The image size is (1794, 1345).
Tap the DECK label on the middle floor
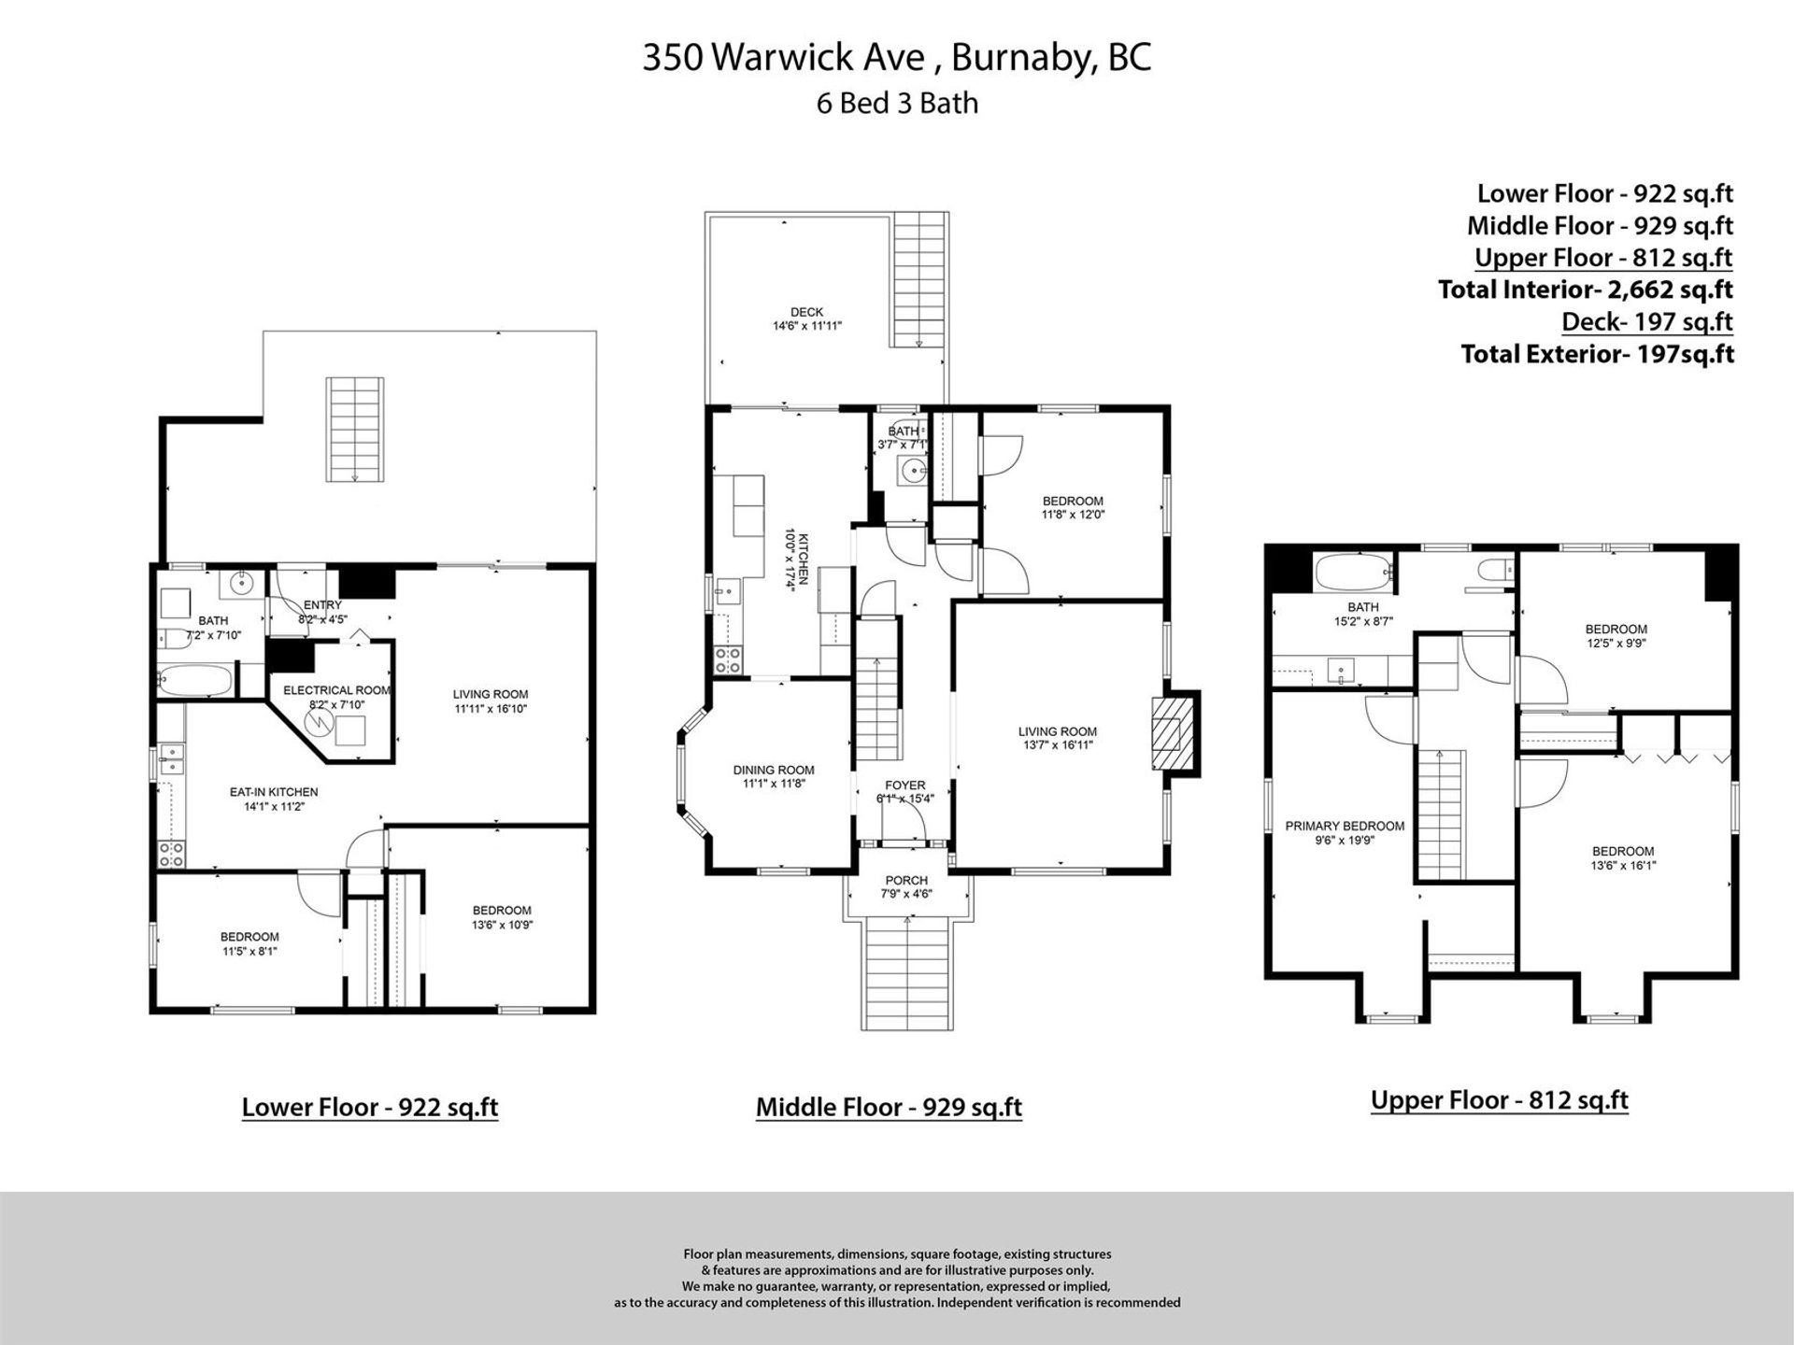coord(806,312)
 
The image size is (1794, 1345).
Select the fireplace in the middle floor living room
coord(1175,733)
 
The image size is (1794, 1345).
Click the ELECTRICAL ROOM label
coord(336,690)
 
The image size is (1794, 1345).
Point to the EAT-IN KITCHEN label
coord(274,792)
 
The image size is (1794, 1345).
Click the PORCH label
coord(906,880)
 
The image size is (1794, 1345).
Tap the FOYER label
coord(904,786)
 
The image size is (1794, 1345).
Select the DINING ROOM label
coord(774,771)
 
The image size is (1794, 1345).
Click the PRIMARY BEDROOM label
coord(1345,826)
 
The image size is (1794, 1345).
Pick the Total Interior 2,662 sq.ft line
coord(1586,290)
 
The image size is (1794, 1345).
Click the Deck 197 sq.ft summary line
coord(1647,321)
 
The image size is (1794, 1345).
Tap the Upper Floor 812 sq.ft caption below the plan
coord(1500,1100)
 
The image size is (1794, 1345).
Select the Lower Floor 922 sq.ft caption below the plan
coord(370,1107)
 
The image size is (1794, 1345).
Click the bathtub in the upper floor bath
coord(1352,573)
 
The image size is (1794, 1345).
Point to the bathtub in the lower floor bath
coord(193,680)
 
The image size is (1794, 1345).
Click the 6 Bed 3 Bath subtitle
coord(897,103)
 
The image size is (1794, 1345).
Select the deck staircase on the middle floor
coord(919,280)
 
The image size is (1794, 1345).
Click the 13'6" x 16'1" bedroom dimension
coord(1623,866)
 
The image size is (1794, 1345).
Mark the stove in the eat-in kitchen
coord(172,852)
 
